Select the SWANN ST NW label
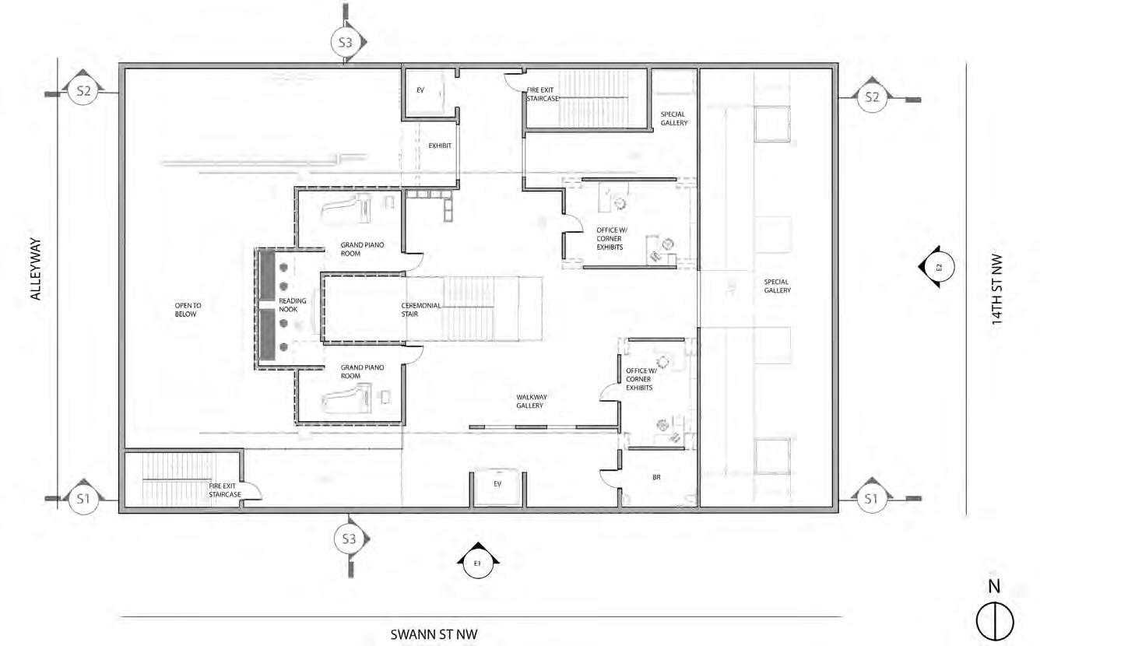click(434, 634)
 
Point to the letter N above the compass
click(994, 587)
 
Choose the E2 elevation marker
click(940, 268)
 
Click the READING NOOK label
click(293, 305)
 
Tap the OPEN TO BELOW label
click(186, 310)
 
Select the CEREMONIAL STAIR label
click(421, 310)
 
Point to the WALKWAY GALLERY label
click(529, 401)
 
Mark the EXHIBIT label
click(440, 146)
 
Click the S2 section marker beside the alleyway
click(83, 92)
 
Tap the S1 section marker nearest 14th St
click(870, 499)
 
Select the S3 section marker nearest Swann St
click(346, 539)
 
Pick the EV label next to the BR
click(497, 483)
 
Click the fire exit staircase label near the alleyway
click(224, 490)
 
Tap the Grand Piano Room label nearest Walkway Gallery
click(362, 371)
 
